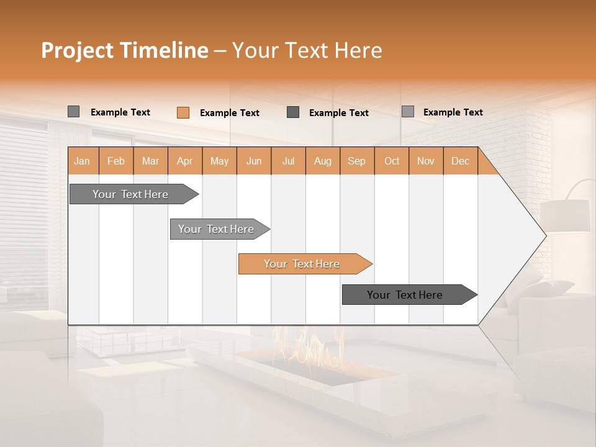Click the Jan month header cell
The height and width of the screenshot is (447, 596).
point(83,161)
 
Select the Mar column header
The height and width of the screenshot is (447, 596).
point(150,161)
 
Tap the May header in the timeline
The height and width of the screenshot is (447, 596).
point(219,161)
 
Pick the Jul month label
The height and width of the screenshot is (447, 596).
point(288,161)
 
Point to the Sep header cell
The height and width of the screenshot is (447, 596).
point(356,161)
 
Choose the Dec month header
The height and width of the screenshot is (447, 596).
point(460,161)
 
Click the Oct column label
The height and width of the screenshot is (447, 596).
point(392,161)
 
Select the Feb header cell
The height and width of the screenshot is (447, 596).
point(116,161)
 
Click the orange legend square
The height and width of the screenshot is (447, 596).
point(183,112)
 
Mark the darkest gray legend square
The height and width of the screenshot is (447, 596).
point(293,112)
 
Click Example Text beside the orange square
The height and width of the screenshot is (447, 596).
point(230,113)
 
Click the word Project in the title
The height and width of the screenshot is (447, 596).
point(77,50)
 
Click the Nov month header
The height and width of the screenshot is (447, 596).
point(426,161)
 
